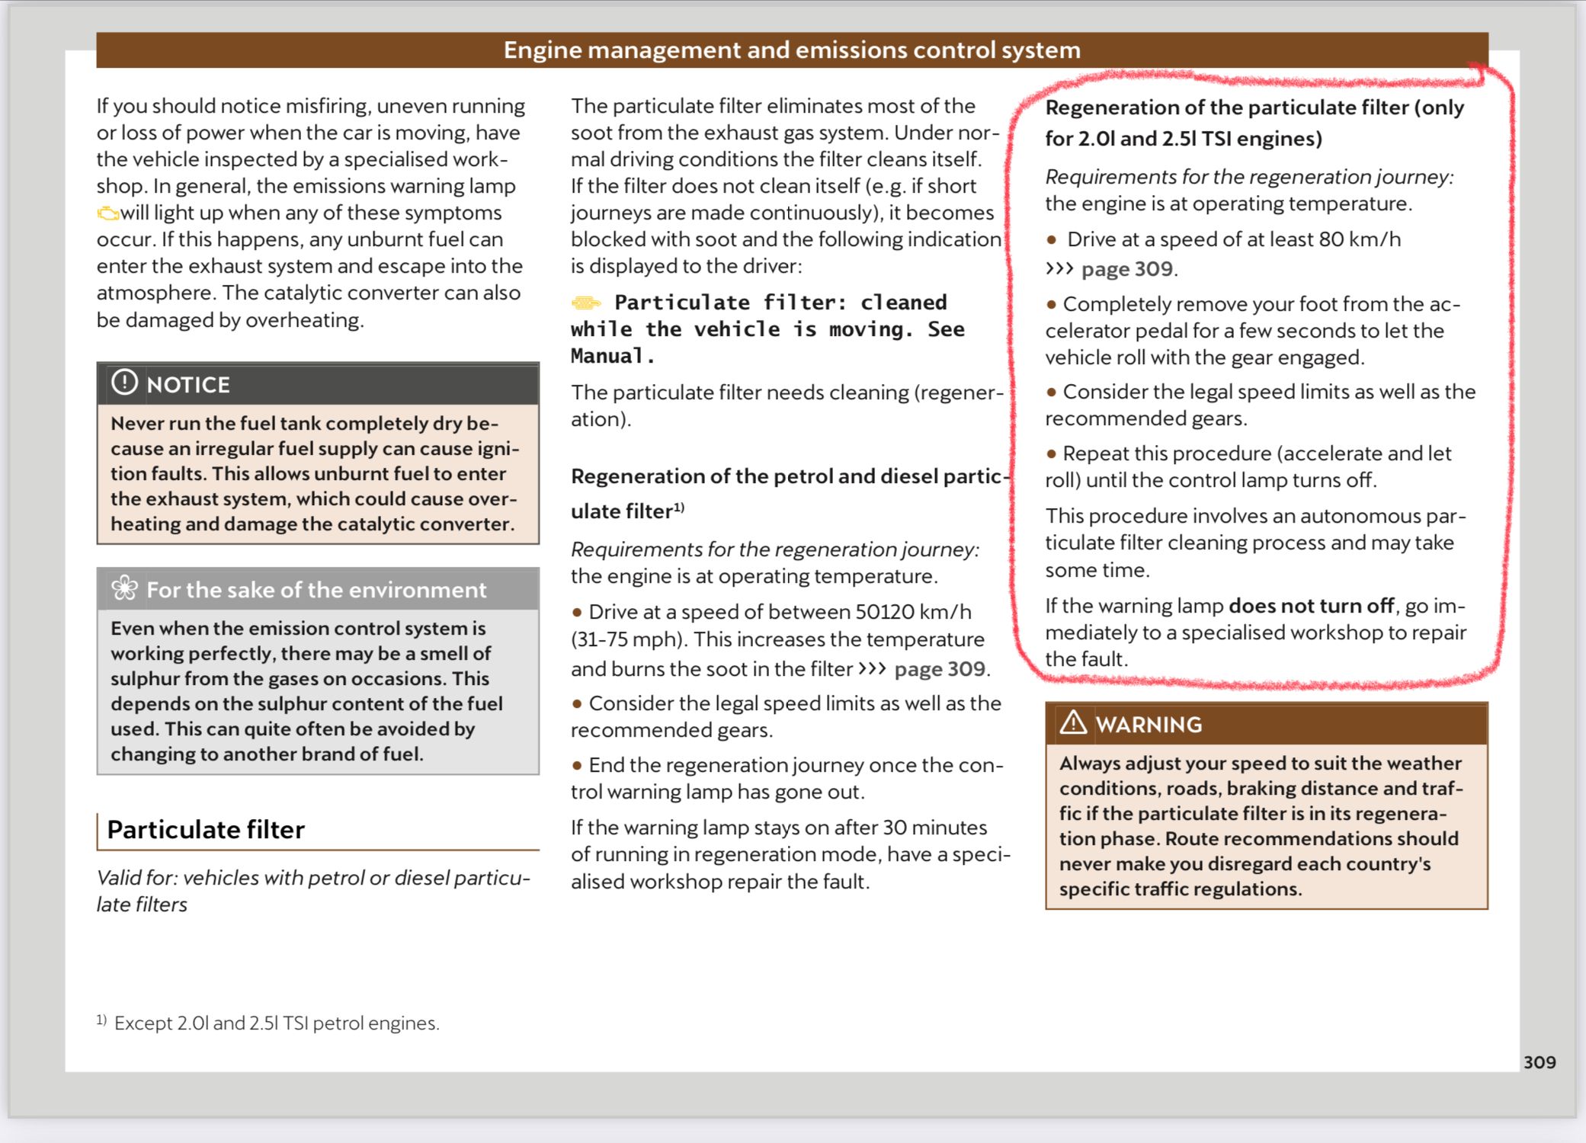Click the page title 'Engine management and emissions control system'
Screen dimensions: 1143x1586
click(x=792, y=50)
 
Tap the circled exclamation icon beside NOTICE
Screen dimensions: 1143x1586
click(x=124, y=383)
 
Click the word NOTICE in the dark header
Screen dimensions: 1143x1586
click(x=188, y=385)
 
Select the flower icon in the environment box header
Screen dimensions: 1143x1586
click(x=124, y=588)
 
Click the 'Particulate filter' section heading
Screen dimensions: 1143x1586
click(x=206, y=830)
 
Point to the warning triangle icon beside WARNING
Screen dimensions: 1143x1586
click(x=1073, y=722)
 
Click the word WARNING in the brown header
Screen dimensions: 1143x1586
click(x=1149, y=725)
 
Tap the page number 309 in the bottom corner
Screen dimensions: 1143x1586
click(x=1539, y=1062)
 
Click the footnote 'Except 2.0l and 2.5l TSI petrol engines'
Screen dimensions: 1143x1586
click(x=277, y=1023)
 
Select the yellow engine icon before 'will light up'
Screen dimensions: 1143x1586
click(x=107, y=213)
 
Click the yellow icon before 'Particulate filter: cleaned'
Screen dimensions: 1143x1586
click(x=586, y=303)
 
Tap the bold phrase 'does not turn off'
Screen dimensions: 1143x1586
click(x=1311, y=606)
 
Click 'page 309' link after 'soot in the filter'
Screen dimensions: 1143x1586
click(x=940, y=669)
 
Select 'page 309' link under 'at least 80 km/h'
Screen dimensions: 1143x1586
click(x=1127, y=269)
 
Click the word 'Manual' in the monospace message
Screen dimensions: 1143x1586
click(x=607, y=356)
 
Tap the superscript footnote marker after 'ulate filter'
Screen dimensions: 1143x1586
click(x=678, y=507)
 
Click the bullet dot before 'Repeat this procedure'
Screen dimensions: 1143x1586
click(x=1051, y=454)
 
